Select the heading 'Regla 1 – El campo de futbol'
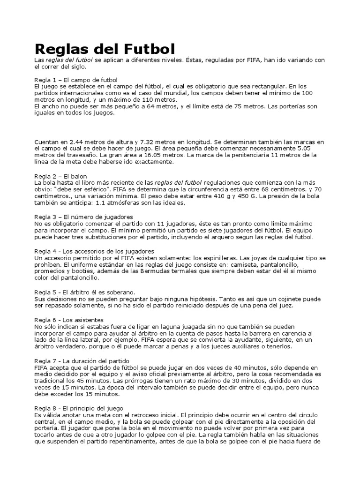76,80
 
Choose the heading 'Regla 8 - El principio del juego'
79,409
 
